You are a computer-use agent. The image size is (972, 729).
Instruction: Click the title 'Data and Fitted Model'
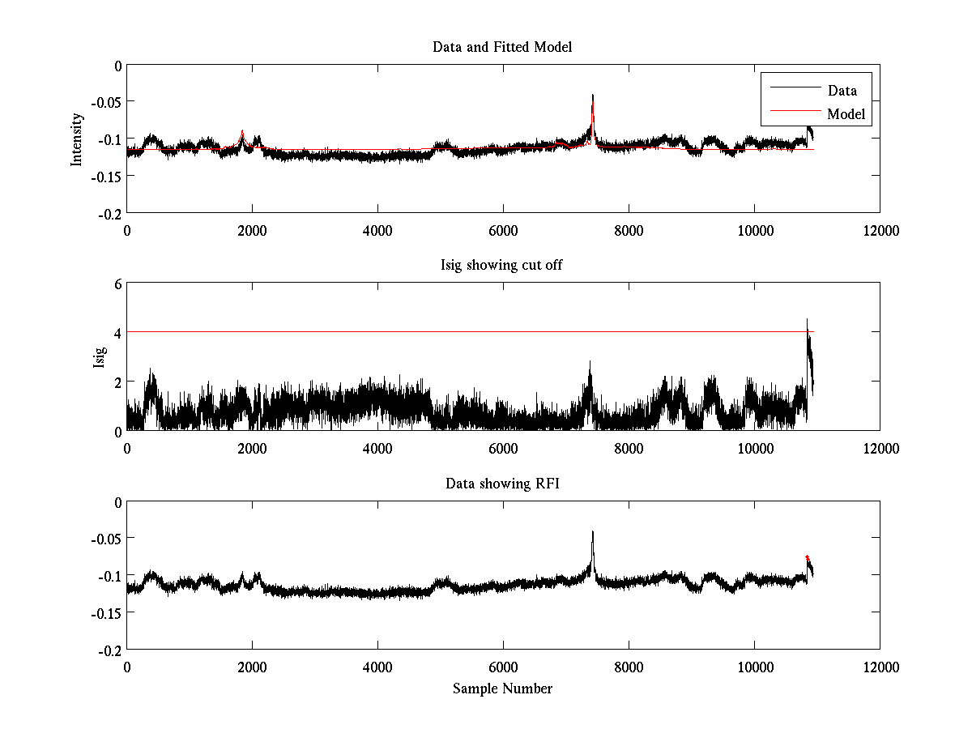(x=502, y=47)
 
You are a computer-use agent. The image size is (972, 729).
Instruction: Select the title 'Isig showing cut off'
(x=502, y=266)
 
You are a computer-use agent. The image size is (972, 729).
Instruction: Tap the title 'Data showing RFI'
(x=502, y=484)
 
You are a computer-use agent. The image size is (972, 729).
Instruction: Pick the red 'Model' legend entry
(x=846, y=114)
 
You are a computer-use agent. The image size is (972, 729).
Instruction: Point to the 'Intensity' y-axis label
(x=77, y=139)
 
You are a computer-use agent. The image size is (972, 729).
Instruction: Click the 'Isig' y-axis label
(x=98, y=356)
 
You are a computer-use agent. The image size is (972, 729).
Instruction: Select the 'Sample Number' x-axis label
(x=502, y=688)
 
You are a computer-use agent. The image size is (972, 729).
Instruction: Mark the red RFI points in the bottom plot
(x=808, y=558)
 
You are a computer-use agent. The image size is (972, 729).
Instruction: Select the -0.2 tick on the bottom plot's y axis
(x=110, y=650)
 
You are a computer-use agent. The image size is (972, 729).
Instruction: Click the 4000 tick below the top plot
(x=377, y=231)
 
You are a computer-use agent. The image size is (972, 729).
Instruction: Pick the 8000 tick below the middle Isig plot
(x=629, y=449)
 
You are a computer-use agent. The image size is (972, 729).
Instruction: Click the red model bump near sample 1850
(x=242, y=132)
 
